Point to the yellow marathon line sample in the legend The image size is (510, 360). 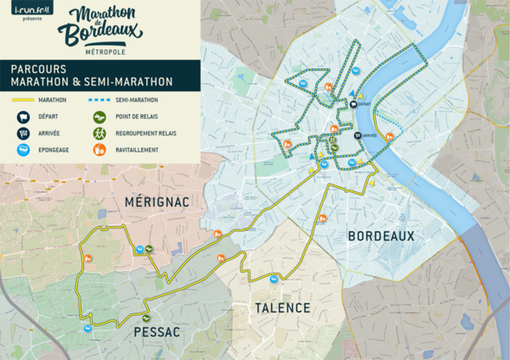tap(23, 100)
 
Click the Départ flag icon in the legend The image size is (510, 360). tap(23, 117)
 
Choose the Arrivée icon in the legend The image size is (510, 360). tap(23, 133)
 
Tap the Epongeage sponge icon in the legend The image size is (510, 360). tap(23, 150)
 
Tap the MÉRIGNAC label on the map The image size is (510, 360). tap(155, 202)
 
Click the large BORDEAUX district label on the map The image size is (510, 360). tap(381, 235)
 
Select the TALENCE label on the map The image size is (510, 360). tap(282, 308)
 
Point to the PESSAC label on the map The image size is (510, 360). tap(157, 331)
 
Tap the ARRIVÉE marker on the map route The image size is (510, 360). tap(357, 136)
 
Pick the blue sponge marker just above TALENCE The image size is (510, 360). tap(274, 279)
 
